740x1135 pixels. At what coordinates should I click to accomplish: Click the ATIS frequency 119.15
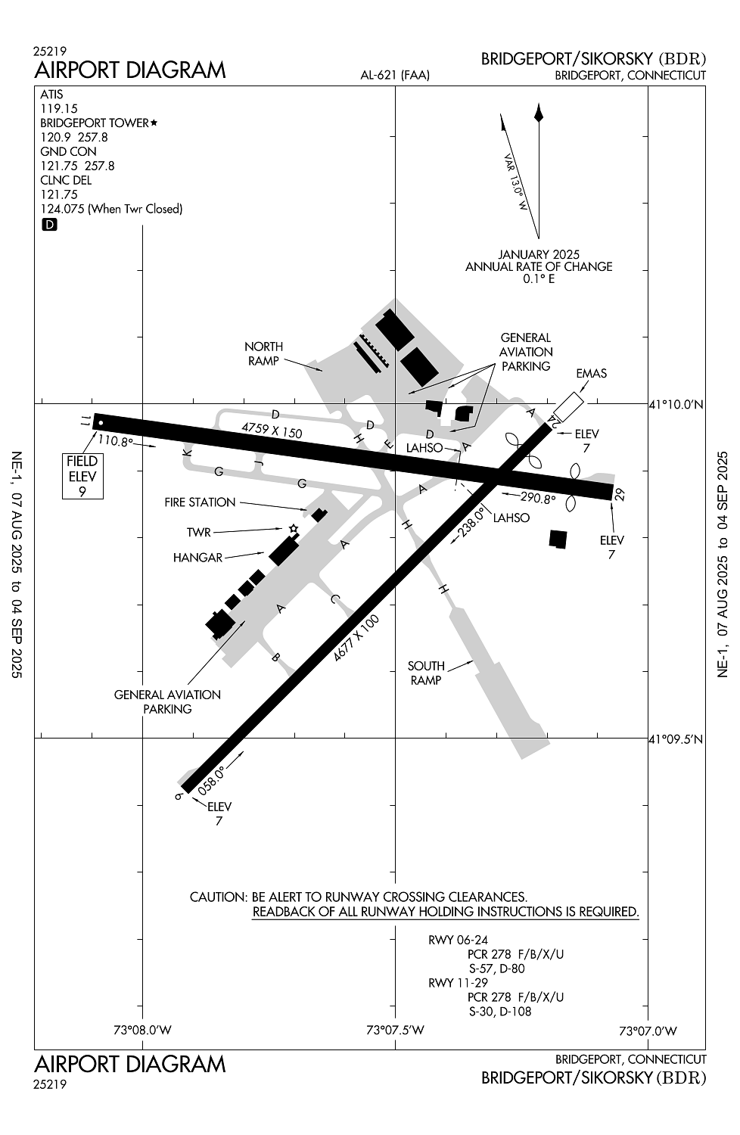pyautogui.click(x=59, y=108)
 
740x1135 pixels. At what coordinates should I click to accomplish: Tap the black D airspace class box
pyautogui.click(x=49, y=225)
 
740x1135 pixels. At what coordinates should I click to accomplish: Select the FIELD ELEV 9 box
pyautogui.click(x=82, y=476)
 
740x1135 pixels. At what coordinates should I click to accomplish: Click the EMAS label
pyautogui.click(x=591, y=374)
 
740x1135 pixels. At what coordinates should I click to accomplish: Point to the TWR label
pyautogui.click(x=199, y=533)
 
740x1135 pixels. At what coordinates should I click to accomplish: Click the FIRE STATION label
pyautogui.click(x=200, y=502)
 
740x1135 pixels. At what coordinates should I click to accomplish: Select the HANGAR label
pyautogui.click(x=197, y=558)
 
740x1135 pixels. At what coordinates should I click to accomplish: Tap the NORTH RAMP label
pyautogui.click(x=263, y=353)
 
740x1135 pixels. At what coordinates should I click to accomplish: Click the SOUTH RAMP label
pyautogui.click(x=426, y=673)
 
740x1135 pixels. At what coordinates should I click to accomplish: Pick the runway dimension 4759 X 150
pyautogui.click(x=272, y=431)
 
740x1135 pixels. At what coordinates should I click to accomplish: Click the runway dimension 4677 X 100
pyautogui.click(x=356, y=638)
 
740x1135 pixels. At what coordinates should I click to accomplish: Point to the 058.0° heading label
pyautogui.click(x=211, y=781)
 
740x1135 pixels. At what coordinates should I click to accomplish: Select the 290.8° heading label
pyautogui.click(x=538, y=498)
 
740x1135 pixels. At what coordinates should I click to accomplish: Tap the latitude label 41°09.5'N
pyautogui.click(x=676, y=739)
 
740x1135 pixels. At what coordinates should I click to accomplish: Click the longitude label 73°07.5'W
pyautogui.click(x=395, y=1030)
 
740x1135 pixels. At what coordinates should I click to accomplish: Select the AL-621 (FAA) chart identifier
pyautogui.click(x=395, y=76)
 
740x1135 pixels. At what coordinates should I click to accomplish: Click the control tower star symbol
pyautogui.click(x=293, y=529)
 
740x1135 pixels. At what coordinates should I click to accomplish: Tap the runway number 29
pyautogui.click(x=620, y=495)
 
